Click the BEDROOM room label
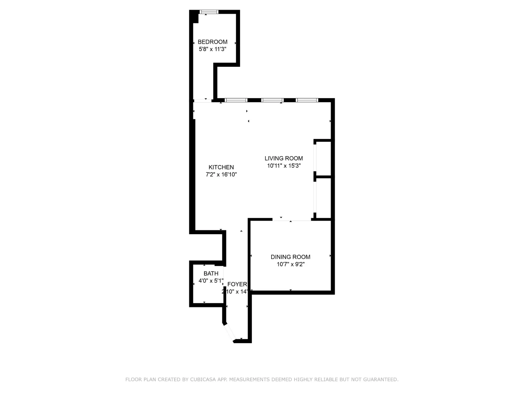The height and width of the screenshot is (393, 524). pos(212,42)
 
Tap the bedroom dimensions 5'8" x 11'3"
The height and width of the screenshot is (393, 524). pos(212,49)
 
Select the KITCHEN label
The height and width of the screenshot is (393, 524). pos(221,167)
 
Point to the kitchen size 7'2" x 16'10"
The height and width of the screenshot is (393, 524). pos(221,175)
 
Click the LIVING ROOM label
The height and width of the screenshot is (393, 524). pos(284,159)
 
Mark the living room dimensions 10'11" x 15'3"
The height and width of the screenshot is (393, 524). pos(284,166)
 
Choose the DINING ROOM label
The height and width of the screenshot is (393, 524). pos(290,257)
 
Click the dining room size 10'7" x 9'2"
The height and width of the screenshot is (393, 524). pos(290,264)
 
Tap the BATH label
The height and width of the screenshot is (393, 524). pos(211,273)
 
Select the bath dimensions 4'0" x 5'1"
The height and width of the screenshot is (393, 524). pos(211,281)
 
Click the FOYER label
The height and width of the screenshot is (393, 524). pos(237,284)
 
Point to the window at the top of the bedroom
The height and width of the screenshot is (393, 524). pos(209,12)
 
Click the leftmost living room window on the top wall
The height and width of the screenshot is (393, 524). pos(236,100)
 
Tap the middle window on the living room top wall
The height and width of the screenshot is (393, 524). pos(272,100)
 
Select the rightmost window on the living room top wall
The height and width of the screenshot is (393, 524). pos(307,100)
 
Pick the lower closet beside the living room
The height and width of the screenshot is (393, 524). pos(324,198)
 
